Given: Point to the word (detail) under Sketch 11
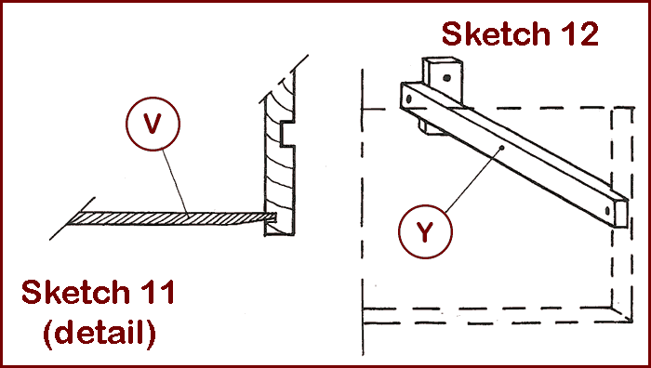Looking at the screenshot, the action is tap(100, 333).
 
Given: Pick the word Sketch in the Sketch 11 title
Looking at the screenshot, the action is tap(75, 292).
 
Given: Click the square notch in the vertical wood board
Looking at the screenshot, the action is tap(287, 134).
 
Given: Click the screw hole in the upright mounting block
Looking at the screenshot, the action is tap(446, 77).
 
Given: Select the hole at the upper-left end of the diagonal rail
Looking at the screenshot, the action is tap(409, 99).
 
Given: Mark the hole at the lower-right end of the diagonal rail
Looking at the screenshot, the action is tap(607, 211).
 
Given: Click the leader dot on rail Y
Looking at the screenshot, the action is tap(502, 147).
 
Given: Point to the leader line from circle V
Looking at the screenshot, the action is tap(176, 183).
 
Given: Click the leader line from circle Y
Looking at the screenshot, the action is tap(473, 179).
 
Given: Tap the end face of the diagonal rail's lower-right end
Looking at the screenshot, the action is tap(621, 214).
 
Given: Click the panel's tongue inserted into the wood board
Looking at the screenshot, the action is tap(271, 217).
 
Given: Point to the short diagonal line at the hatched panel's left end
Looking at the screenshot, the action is tap(73, 218).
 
